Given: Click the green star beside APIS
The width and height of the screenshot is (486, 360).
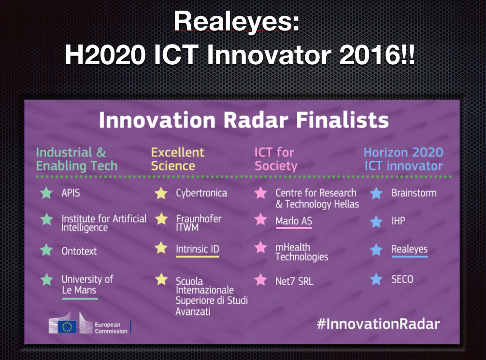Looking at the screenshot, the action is [46, 192].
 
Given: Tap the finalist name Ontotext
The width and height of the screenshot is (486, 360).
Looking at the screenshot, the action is [79, 251].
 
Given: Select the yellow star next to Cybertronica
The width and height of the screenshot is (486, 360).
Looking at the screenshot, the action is [161, 193].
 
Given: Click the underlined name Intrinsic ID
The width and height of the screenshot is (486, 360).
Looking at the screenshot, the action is [198, 249].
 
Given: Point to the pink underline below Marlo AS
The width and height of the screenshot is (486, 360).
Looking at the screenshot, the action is [294, 228].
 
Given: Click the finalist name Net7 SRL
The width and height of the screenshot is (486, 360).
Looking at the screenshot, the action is [294, 281].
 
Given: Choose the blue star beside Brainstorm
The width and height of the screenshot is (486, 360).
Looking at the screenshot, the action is [376, 193].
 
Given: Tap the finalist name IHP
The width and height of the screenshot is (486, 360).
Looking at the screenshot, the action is [398, 221].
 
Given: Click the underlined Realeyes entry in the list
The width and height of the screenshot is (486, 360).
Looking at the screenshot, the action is [410, 249].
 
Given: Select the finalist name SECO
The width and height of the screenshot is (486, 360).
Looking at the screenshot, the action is [402, 279].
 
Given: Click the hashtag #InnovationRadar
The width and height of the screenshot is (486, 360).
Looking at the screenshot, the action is [378, 324].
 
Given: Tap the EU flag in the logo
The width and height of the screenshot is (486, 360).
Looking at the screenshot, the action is [67, 327].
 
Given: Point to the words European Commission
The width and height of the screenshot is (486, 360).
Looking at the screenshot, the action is [111, 328].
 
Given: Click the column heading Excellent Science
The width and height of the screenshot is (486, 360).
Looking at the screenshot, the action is [178, 159].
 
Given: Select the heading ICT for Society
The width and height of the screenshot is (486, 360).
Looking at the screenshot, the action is [275, 159].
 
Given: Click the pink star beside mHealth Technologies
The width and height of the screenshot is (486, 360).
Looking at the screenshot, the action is [261, 247].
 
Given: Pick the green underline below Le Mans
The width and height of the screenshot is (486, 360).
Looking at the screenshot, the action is [80, 299].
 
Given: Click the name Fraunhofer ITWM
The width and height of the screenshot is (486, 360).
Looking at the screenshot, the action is [199, 223].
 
